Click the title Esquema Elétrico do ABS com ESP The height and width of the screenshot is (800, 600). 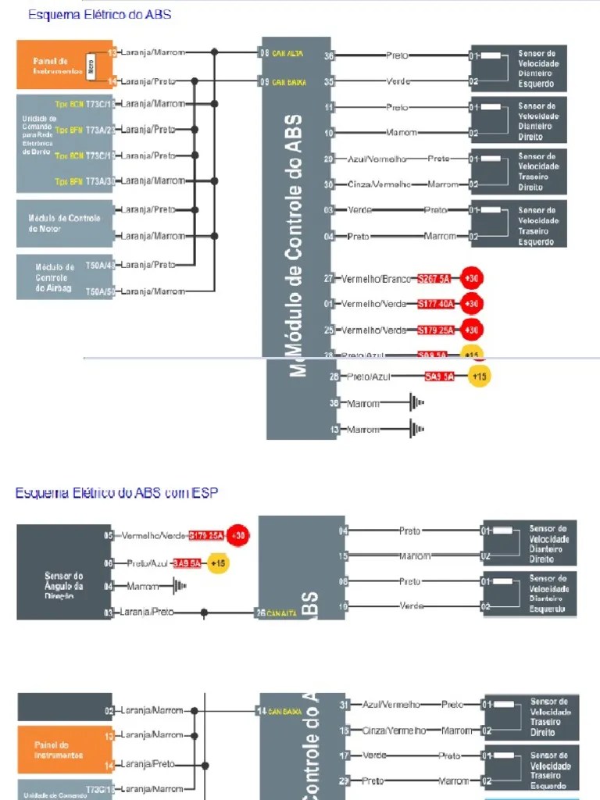coord(116,493)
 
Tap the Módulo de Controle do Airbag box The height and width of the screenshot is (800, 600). coord(59,277)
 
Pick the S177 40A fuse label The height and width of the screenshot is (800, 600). coord(436,304)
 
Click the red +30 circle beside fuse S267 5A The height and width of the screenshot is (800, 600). coord(471,278)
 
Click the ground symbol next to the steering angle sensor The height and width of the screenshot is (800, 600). coord(178,586)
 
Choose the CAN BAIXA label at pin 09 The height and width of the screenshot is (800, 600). coord(289,81)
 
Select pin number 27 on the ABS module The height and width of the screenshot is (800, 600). coord(329,278)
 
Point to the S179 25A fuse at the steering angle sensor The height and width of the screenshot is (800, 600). coord(206,536)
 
